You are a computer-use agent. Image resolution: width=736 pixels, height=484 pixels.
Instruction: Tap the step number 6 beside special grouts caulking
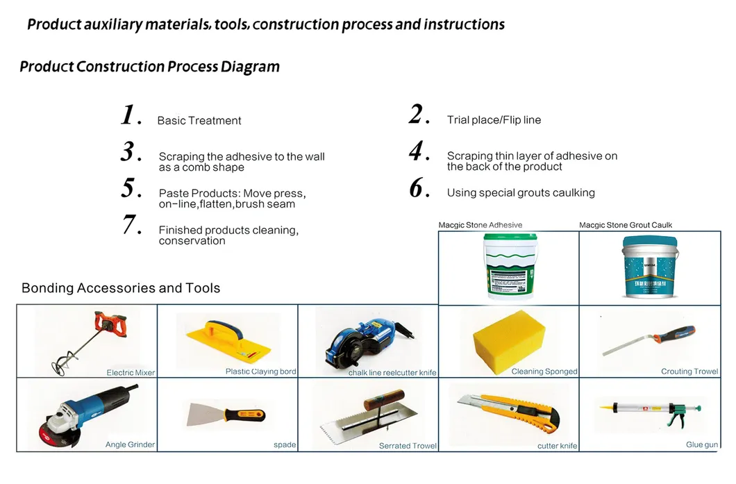coord(417,188)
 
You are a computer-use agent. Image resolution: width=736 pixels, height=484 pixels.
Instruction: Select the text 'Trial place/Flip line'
coord(494,120)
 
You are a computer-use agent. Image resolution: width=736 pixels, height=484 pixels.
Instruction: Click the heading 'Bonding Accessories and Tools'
coord(121,288)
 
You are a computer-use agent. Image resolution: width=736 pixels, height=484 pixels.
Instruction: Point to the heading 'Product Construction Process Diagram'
coord(149,67)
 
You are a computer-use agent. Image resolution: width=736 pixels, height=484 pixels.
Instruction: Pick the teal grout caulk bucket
coord(649,267)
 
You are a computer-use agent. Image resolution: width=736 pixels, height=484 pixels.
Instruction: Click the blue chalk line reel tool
coord(368,340)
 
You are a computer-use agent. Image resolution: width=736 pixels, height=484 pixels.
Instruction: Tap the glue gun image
coord(649,414)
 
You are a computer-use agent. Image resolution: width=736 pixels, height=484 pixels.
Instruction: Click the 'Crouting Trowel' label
coord(689,372)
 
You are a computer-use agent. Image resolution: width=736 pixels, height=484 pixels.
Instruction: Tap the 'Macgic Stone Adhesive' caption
coord(480,225)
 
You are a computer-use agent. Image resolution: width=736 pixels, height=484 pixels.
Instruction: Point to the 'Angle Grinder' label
coord(130,444)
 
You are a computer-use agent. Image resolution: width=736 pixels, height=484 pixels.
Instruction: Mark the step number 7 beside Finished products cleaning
coord(132,226)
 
